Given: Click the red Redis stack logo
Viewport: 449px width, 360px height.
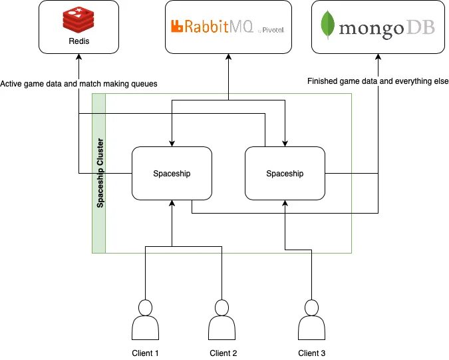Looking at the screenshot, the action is click(x=78, y=20).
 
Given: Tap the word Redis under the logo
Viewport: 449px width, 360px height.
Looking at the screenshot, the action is click(x=79, y=41).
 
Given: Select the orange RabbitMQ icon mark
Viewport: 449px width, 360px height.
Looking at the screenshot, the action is click(x=177, y=26).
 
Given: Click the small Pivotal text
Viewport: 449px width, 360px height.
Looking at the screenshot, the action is click(x=273, y=30).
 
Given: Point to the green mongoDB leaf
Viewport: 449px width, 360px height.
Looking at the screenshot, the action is click(x=327, y=25).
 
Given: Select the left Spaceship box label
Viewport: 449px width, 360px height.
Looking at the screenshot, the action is click(x=172, y=174).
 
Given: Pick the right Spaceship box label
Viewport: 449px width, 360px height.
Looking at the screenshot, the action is click(x=285, y=174).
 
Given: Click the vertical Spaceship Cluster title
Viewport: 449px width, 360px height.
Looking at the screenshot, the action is click(x=100, y=173).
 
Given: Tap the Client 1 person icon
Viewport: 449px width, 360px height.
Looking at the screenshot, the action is click(x=146, y=320).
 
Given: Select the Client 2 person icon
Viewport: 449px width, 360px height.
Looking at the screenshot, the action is click(x=222, y=320).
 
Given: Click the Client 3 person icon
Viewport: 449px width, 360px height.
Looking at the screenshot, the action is click(x=311, y=320).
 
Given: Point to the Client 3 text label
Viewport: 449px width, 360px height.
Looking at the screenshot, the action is click(x=311, y=353).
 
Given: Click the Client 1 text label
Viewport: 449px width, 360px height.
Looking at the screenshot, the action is click(x=145, y=353).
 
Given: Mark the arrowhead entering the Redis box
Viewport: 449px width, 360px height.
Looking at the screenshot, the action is click(x=78, y=57).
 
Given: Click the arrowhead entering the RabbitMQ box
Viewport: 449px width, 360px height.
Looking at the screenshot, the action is click(x=229, y=57).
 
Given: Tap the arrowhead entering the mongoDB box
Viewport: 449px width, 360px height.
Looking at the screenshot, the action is click(x=378, y=57).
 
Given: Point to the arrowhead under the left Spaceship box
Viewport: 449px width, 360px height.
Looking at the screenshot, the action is click(x=172, y=203).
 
